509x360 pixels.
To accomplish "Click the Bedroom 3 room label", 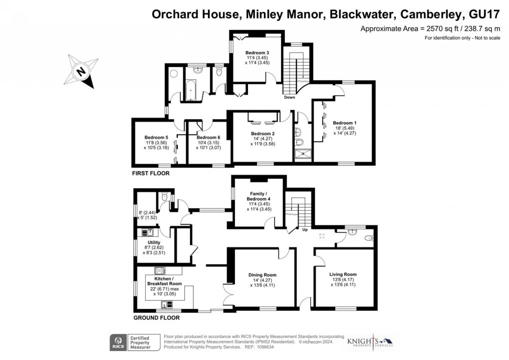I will click(257, 53).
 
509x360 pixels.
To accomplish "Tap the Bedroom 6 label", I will click(208, 137).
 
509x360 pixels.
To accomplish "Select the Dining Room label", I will click(262, 275).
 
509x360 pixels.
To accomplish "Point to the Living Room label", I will click(343, 274).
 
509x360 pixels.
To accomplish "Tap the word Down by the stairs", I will click(289, 97).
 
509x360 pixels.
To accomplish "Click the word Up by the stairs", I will click(305, 231).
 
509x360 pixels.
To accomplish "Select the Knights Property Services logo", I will click(370, 341).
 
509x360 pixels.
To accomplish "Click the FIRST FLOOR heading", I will click(150, 174).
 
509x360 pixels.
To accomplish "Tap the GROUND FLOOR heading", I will click(156, 318).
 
